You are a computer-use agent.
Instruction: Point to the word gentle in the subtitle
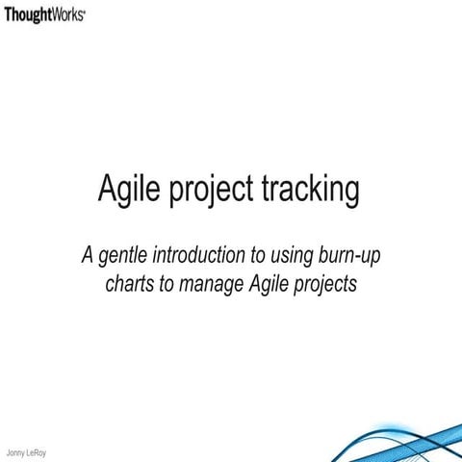tap(121, 257)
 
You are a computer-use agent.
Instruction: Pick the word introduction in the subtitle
tap(195, 256)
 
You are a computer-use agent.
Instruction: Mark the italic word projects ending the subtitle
tap(324, 285)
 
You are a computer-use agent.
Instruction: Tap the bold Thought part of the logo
tap(28, 16)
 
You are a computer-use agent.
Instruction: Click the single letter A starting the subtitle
tap(88, 256)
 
